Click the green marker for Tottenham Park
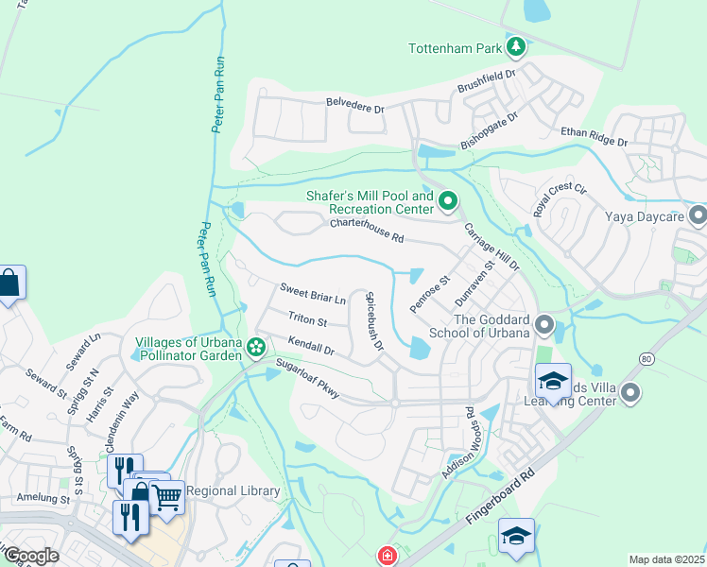[x=516, y=46]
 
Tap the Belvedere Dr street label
[x=355, y=105]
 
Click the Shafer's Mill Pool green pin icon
[x=448, y=201]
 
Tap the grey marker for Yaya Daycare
[x=698, y=216]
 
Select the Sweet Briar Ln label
[x=313, y=293]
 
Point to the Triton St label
[x=307, y=320]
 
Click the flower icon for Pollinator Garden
[x=255, y=349]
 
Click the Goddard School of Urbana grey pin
[x=544, y=326]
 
